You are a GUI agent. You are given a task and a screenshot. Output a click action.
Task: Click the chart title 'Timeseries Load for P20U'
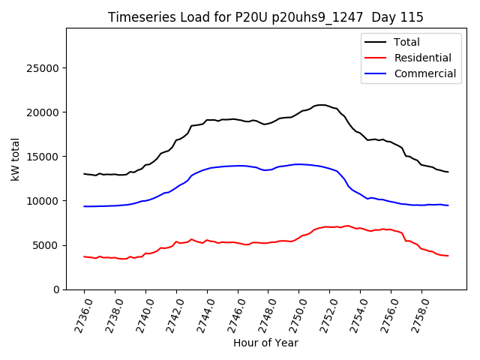(x=265, y=17)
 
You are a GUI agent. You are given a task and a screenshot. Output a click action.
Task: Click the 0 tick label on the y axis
(x=57, y=289)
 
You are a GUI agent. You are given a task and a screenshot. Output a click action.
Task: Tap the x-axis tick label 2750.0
(x=295, y=313)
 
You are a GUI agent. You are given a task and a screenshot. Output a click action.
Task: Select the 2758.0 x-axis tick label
(x=418, y=313)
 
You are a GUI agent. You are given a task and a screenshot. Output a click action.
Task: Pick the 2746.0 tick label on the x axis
(x=234, y=313)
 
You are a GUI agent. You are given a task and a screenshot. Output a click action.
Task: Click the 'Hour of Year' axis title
(x=265, y=343)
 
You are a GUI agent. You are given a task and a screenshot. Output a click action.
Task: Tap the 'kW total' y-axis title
(x=16, y=159)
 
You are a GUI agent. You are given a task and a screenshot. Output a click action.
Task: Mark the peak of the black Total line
(x=322, y=105)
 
